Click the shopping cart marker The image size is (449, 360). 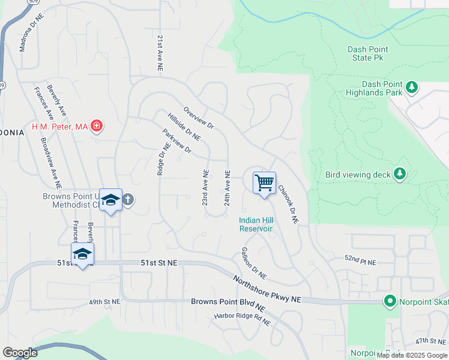click(x=264, y=183)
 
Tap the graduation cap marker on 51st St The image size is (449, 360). click(x=82, y=253)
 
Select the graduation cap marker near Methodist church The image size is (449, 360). click(x=110, y=200)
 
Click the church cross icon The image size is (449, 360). click(x=127, y=199)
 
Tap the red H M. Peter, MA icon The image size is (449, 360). click(x=97, y=127)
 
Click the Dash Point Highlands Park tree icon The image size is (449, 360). click(x=412, y=88)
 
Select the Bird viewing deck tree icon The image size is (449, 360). click(x=399, y=175)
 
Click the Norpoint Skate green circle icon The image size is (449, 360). click(x=390, y=301)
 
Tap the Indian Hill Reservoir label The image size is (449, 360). click(x=256, y=224)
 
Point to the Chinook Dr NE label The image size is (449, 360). click(x=288, y=204)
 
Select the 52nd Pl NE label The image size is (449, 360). click(x=360, y=263)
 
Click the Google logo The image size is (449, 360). click(x=20, y=353)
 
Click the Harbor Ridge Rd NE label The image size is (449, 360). click(x=243, y=318)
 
